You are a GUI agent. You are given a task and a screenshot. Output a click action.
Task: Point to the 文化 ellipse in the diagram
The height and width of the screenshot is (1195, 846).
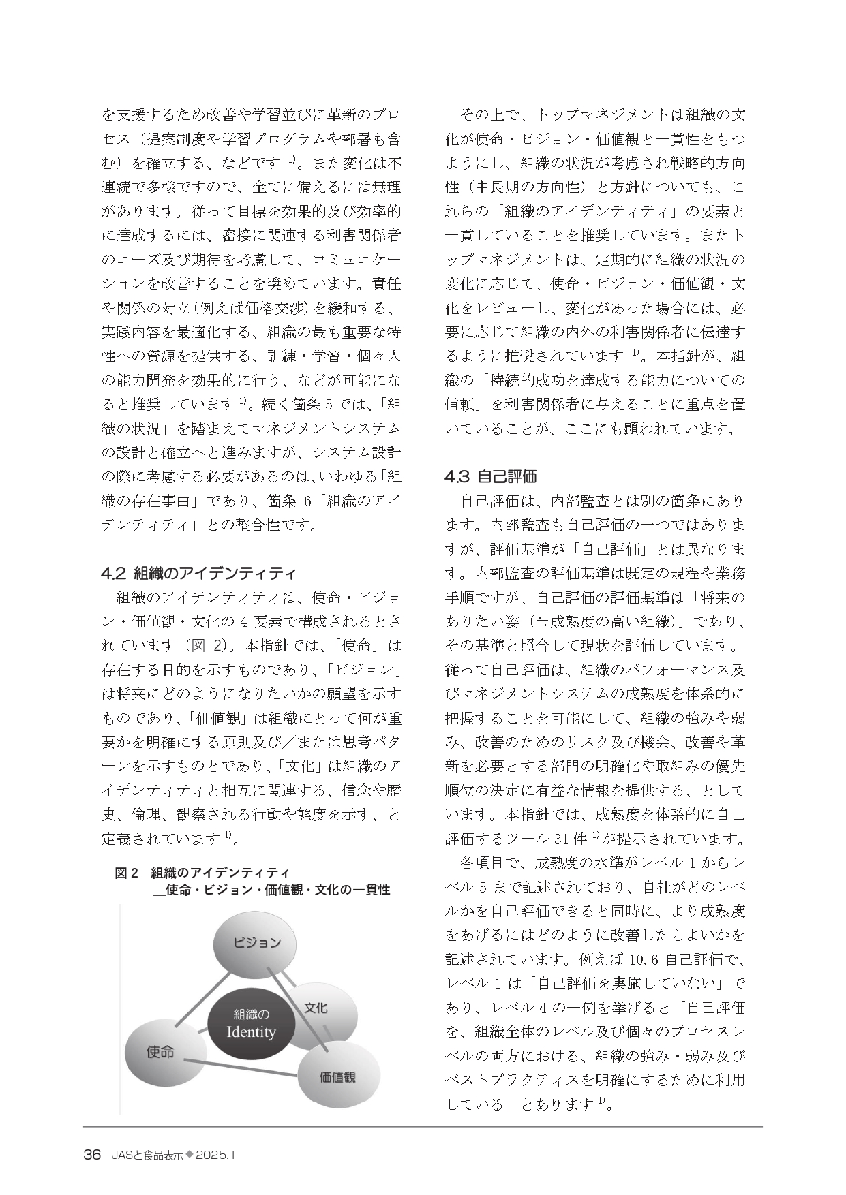pos(320,1008)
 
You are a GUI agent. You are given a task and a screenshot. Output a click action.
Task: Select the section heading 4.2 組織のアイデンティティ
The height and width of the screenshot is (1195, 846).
pos(199,572)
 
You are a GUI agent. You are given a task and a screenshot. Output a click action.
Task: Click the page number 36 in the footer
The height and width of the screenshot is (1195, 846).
pos(92,1155)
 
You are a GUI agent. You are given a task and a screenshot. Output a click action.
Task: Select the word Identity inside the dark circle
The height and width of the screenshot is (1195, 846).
pos(251,1032)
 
